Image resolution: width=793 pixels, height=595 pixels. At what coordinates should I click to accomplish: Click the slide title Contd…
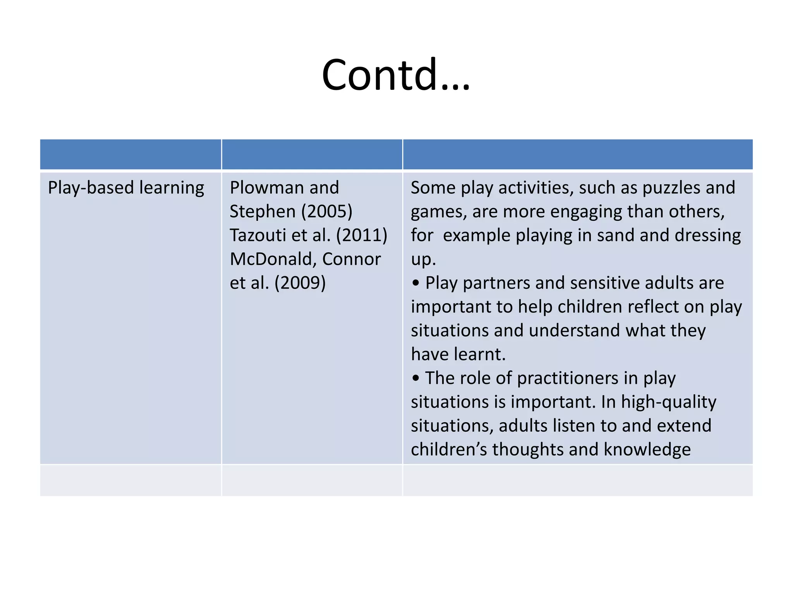[x=396, y=74]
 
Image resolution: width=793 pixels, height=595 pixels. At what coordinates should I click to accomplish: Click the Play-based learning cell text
[x=126, y=188]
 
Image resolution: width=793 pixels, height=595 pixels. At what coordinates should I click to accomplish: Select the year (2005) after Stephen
[x=327, y=212]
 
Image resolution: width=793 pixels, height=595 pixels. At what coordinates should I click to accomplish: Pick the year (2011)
[x=362, y=236]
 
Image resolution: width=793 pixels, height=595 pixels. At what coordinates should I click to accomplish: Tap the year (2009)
[x=300, y=283]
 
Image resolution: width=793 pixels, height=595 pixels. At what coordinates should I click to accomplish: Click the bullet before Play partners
[x=416, y=283]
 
